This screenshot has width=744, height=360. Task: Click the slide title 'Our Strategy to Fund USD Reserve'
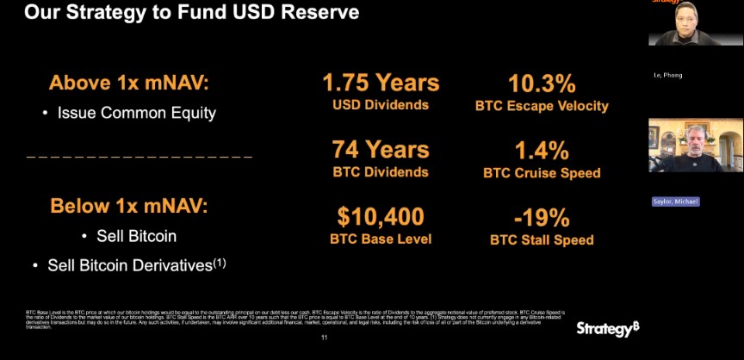pos(191,13)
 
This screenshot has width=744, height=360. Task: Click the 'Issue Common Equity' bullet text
pos(136,113)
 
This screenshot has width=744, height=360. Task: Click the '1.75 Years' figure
pos(381,84)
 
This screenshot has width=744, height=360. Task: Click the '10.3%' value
pos(542,84)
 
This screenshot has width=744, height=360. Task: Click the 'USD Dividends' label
pos(381,106)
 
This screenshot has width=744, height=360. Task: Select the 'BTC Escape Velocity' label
pos(542,106)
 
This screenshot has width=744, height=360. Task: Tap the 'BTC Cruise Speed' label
pos(542,173)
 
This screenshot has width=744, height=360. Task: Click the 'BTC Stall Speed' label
pos(542,239)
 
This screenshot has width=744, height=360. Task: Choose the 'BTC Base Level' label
pos(381,239)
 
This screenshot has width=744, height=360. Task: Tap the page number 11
pos(324,338)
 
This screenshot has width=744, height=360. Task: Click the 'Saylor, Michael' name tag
pos(675,202)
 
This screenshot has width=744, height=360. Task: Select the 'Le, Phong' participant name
pos(668,76)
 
